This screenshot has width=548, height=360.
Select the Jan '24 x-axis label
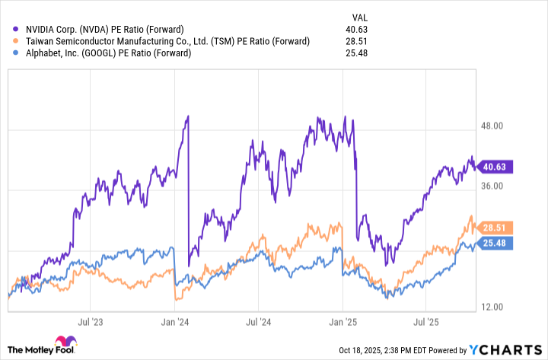coord(176,322)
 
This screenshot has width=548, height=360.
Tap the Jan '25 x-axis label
coord(343,322)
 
